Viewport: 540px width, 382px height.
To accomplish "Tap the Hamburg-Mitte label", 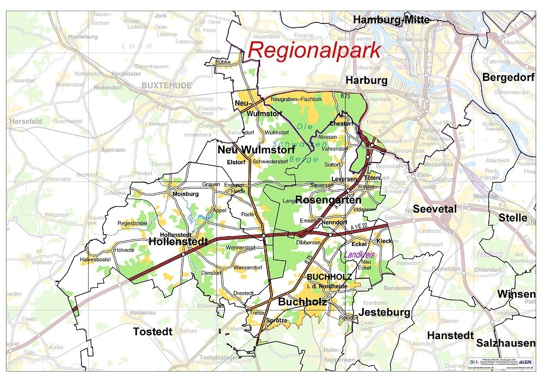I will pyautogui.click(x=391, y=20).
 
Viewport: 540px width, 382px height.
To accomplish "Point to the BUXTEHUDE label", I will pyautogui.click(x=166, y=85).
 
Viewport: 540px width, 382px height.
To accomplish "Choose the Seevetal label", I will pyautogui.click(x=435, y=209).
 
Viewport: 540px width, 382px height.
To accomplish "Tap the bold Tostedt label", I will pyautogui.click(x=153, y=331).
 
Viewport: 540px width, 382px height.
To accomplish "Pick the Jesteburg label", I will pyautogui.click(x=384, y=312).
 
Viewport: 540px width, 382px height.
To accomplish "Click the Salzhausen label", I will pyautogui.click(x=506, y=343).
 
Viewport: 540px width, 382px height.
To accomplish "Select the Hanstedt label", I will pyautogui.click(x=450, y=336).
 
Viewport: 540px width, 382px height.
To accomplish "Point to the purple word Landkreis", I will pyautogui.click(x=361, y=255).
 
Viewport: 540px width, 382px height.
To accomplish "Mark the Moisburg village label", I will pyautogui.click(x=183, y=194).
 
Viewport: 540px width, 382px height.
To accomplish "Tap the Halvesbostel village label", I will pyautogui.click(x=96, y=259).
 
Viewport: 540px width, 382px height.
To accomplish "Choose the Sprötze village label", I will pyautogui.click(x=277, y=321).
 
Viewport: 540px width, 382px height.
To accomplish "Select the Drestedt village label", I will pyautogui.click(x=243, y=293).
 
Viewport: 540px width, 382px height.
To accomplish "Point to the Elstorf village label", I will pyautogui.click(x=236, y=162).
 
